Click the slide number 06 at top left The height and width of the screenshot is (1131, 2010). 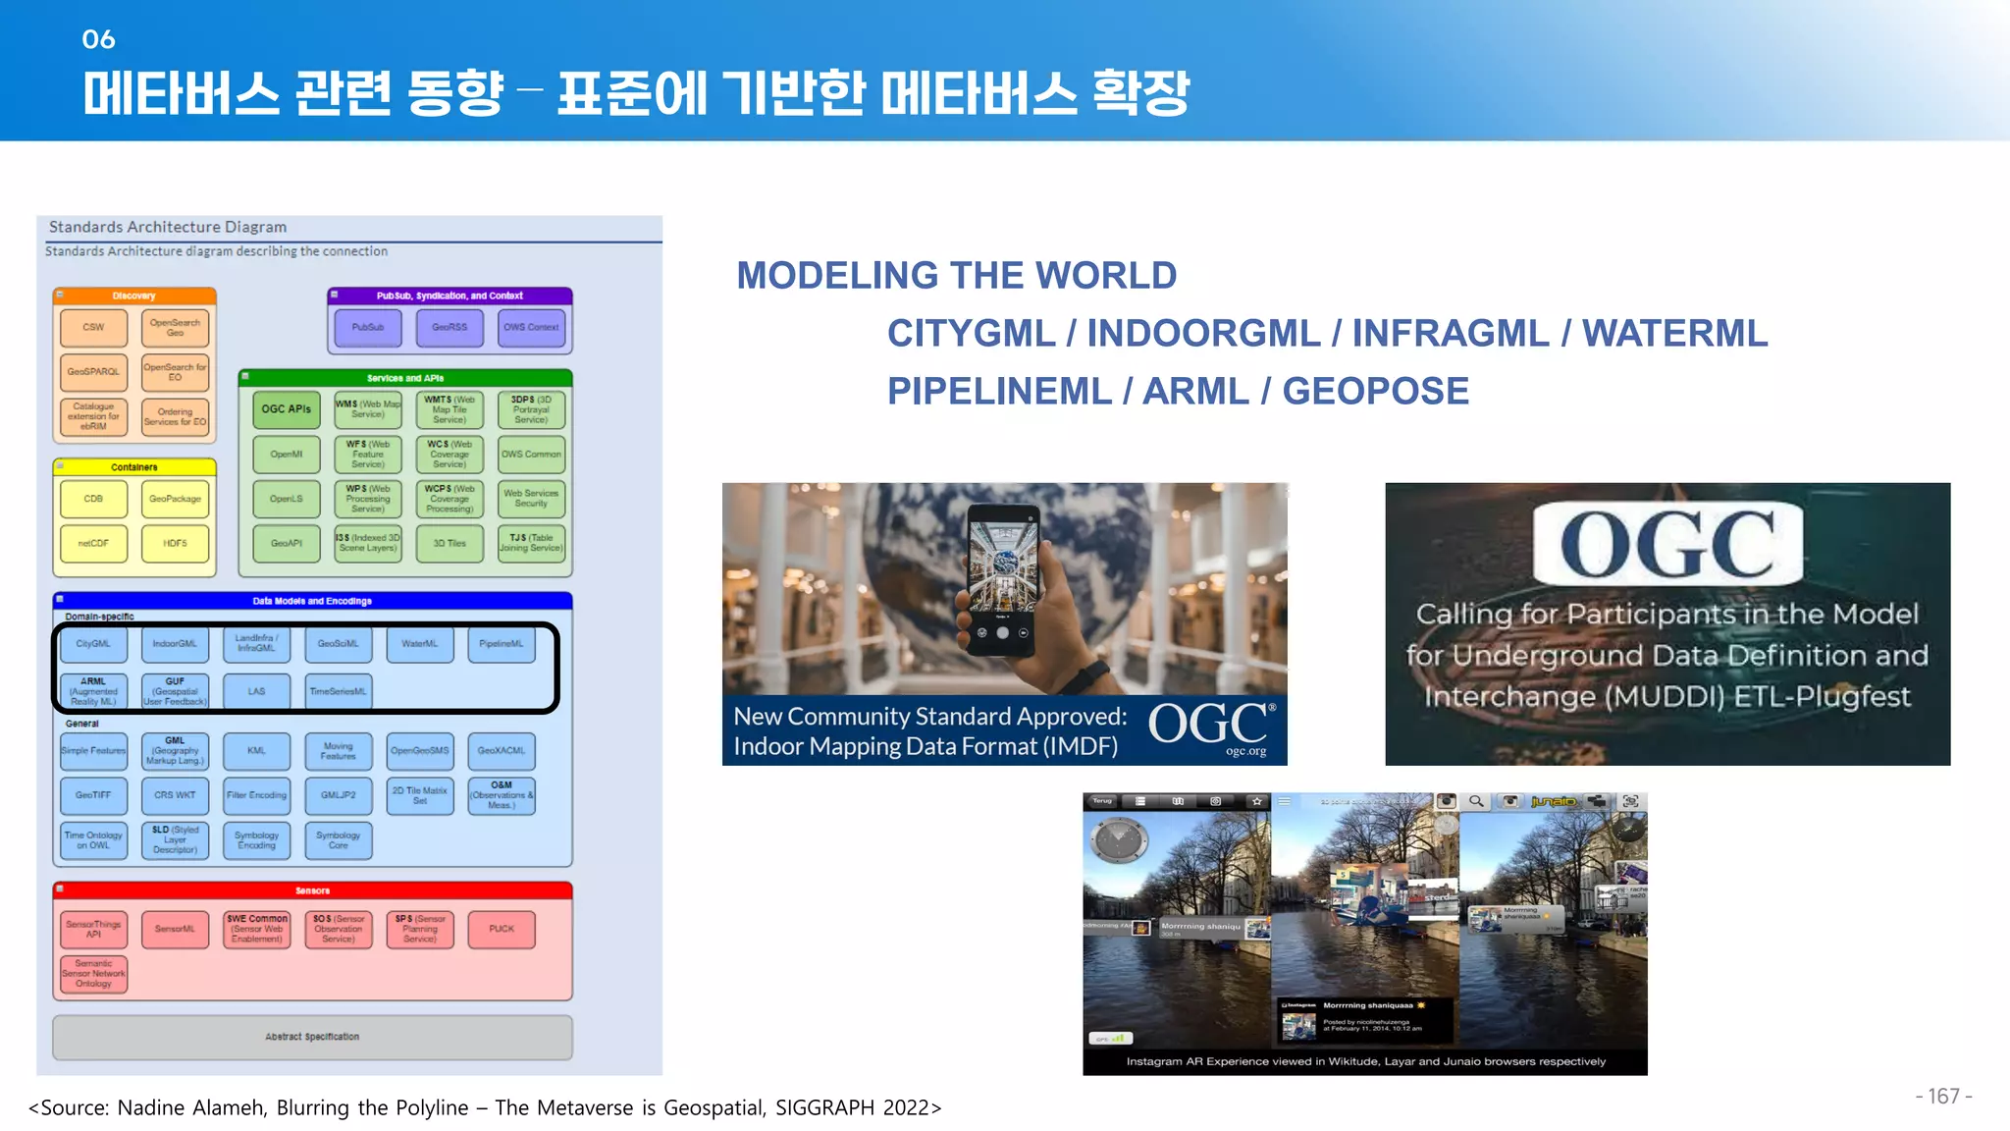[x=98, y=39]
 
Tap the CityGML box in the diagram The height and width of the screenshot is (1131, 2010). [x=93, y=644]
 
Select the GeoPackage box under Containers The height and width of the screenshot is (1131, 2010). [x=175, y=499]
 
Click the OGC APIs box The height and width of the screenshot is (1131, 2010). [x=286, y=409]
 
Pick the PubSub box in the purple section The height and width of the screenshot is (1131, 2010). [x=368, y=328]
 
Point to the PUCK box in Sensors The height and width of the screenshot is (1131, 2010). [x=502, y=929]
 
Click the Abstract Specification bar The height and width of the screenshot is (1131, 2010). [x=312, y=1037]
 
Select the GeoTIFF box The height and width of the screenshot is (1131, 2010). [x=93, y=795]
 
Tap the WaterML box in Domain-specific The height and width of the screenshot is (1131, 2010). [x=419, y=644]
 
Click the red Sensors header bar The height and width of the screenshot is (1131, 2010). [x=312, y=890]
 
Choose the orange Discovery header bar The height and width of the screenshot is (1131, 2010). [x=134, y=296]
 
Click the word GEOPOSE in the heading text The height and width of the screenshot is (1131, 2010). [x=1375, y=392]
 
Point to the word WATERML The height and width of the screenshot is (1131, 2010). [x=1674, y=334]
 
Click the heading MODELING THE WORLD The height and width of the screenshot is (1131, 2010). [x=956, y=276]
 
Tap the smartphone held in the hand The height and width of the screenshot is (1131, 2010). [x=1003, y=574]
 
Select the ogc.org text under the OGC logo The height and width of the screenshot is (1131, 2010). [x=1245, y=751]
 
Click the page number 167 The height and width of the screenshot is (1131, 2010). [x=1943, y=1097]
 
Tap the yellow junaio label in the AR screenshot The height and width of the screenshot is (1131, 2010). [x=1553, y=802]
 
